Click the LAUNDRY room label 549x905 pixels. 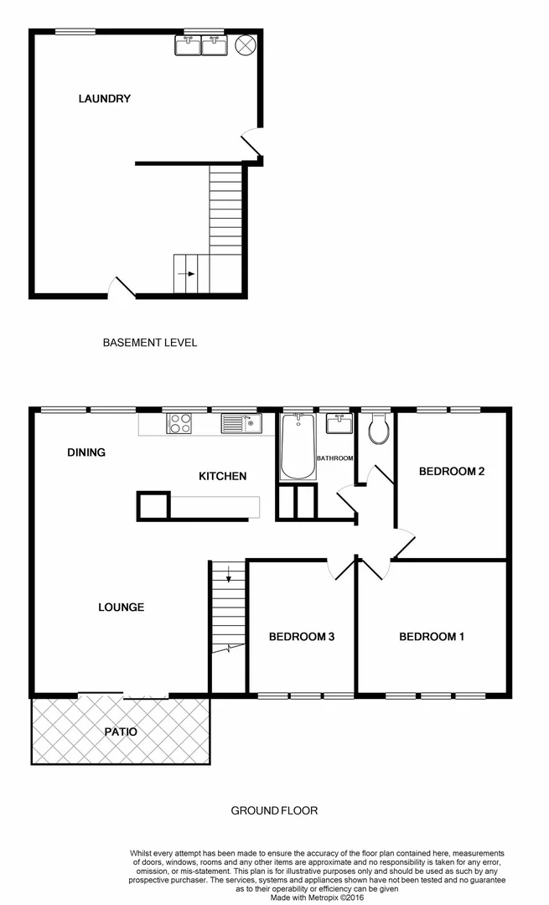point(105,99)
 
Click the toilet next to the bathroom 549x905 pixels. point(378,431)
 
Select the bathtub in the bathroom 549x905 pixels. point(297,446)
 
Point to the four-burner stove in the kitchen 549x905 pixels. point(179,424)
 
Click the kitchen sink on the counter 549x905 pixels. point(241,423)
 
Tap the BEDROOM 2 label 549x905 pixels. point(452,472)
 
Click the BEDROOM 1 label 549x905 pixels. point(432,637)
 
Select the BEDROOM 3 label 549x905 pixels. point(302,637)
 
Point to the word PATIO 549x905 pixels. point(121,732)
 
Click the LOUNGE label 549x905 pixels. point(122,607)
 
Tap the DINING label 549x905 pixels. point(86,452)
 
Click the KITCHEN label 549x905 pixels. point(222,476)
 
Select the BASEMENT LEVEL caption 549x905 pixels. point(150,342)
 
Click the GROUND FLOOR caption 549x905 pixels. point(274,810)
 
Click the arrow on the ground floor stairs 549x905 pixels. point(228,576)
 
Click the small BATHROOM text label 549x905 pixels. point(335,458)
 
